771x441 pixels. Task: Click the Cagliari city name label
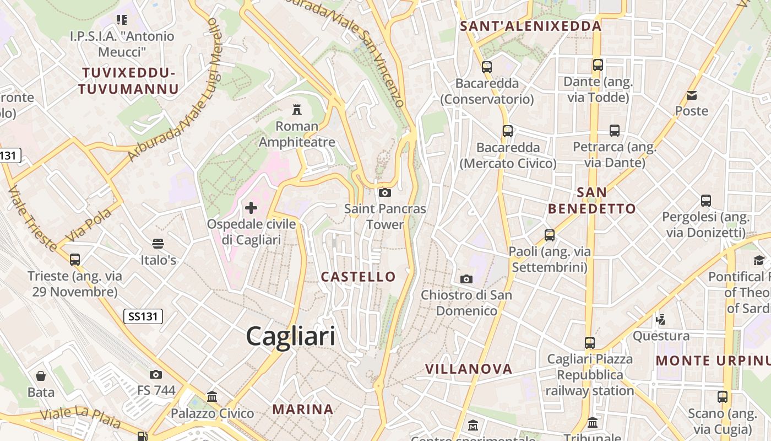point(290,336)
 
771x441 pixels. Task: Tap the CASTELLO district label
point(359,277)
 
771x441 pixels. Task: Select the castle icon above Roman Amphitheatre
point(297,109)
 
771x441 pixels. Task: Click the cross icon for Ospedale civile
point(251,208)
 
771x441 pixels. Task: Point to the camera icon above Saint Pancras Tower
point(385,192)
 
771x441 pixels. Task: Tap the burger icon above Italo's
point(158,243)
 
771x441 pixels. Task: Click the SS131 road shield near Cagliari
point(143,316)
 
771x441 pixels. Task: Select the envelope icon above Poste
point(692,95)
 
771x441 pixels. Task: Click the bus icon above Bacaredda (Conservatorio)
point(487,67)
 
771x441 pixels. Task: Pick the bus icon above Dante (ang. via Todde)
point(598,65)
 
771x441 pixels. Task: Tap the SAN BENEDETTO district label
point(592,201)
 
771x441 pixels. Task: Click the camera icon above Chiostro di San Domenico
point(466,279)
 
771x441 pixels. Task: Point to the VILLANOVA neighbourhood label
point(469,369)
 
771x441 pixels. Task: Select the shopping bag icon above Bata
point(41,376)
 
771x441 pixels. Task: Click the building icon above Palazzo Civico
point(212,396)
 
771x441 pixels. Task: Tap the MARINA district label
point(303,410)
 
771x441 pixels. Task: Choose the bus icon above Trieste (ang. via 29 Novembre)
point(75,259)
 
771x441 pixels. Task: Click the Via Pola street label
point(88,225)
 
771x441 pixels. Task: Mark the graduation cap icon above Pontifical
point(759,260)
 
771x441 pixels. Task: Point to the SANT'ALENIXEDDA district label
point(531,26)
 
